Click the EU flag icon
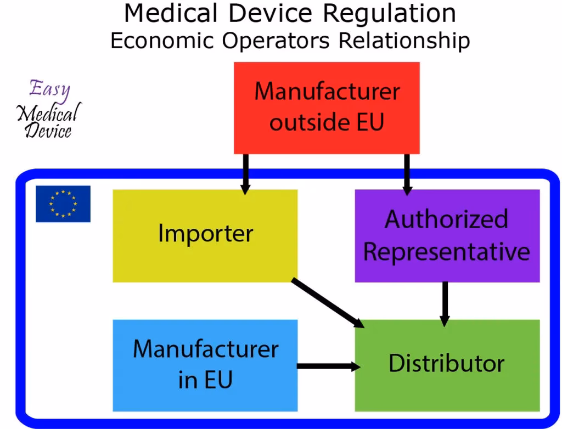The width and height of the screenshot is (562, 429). [63, 204]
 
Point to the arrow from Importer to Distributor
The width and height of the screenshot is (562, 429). [325, 302]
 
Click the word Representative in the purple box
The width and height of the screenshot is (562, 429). [447, 252]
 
